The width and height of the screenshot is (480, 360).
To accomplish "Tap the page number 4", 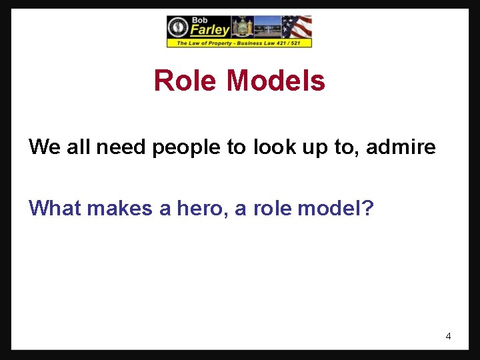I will [448, 336].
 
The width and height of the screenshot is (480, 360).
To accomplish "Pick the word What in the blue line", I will [55, 209].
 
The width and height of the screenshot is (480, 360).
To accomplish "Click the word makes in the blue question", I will [120, 209].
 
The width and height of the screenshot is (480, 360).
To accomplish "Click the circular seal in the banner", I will [178, 27].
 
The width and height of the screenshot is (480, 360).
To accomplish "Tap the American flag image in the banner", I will [297, 27].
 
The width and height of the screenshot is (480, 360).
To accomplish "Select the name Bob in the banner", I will [200, 20].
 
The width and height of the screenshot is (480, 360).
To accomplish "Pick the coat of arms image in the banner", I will [241, 27].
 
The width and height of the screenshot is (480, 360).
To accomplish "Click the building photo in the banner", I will [267, 27].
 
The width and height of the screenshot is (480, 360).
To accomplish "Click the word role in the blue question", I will [271, 209].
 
